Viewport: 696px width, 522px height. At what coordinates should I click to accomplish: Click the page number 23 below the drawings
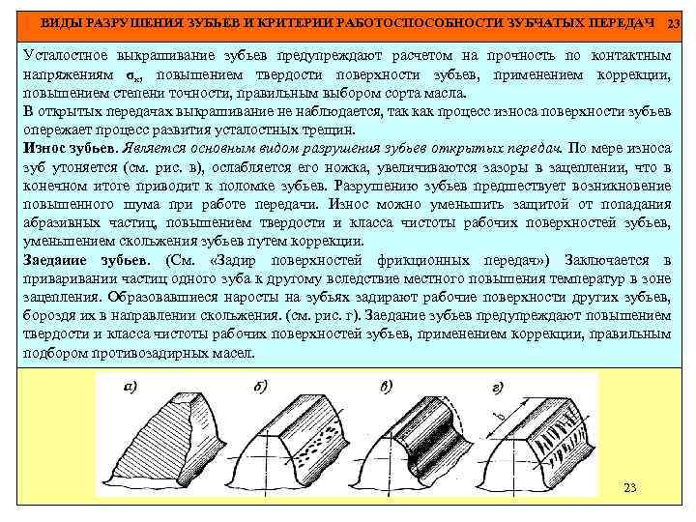[630, 487]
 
